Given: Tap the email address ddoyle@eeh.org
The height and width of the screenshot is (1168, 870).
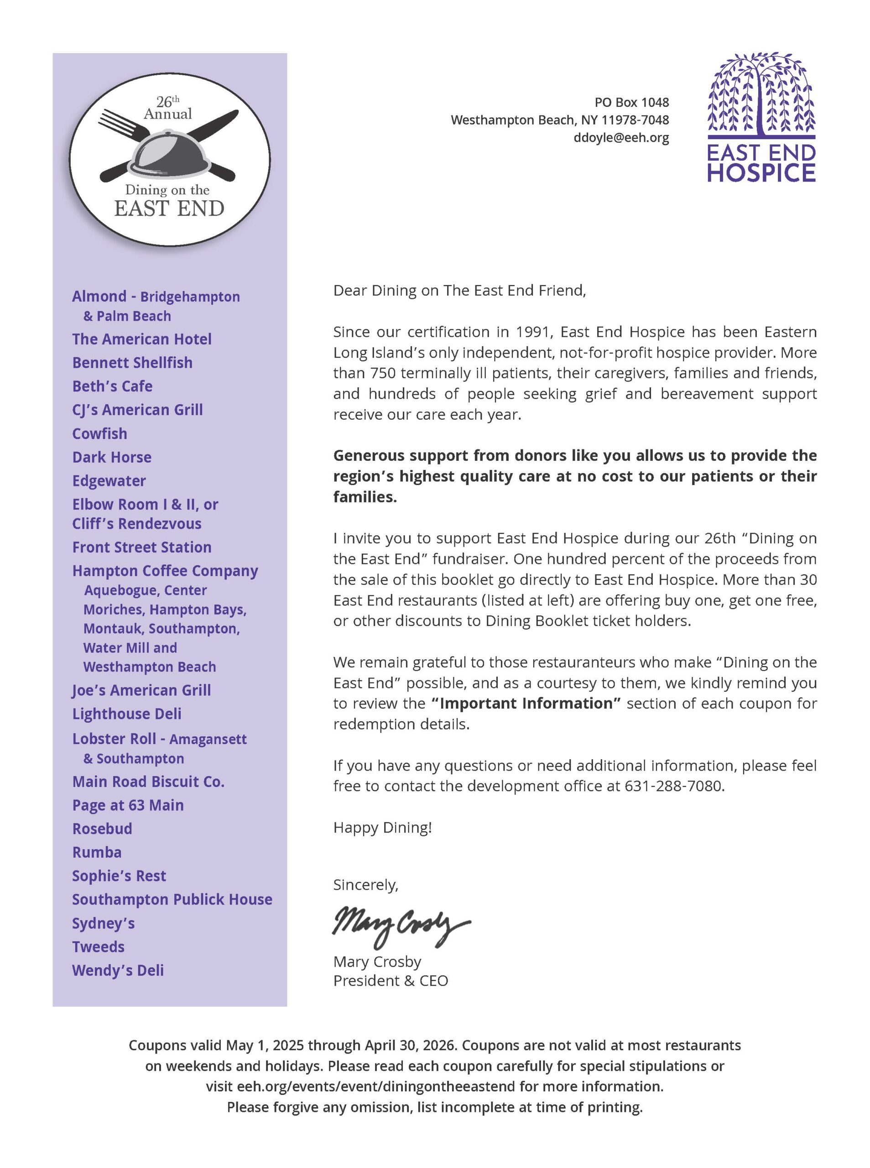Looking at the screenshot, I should (x=621, y=138).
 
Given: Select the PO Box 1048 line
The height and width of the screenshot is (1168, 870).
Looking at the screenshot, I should (x=631, y=102).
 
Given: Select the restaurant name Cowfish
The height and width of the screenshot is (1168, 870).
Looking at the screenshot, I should (x=99, y=433).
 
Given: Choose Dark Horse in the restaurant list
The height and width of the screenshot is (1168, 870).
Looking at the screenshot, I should (x=112, y=457).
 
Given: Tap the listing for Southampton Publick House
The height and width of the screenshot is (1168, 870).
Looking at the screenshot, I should (x=172, y=899).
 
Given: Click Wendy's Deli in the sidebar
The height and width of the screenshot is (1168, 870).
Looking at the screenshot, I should (x=118, y=970).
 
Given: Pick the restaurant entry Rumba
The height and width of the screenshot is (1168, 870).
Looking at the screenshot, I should (x=97, y=852).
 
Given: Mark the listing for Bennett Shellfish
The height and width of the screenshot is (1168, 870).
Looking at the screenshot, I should (x=132, y=363).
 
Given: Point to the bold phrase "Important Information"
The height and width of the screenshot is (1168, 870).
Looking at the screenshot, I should (x=526, y=704).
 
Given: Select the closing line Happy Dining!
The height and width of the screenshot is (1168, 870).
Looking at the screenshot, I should (x=382, y=828).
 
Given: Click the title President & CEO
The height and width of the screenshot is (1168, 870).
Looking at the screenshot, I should (x=390, y=980).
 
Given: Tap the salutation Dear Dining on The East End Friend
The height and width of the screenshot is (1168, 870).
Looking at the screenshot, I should (x=459, y=291).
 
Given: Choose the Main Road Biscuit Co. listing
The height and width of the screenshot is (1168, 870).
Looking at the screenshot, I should (x=148, y=782).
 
